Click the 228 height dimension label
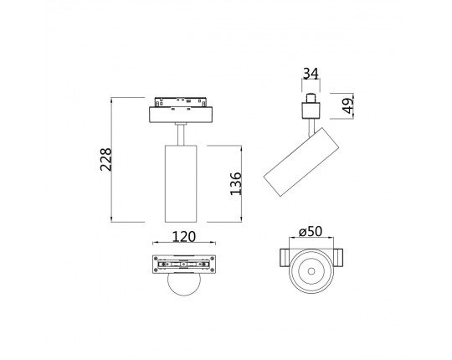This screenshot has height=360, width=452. click(105, 159)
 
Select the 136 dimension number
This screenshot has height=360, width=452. click(235, 183)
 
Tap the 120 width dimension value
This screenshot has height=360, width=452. click(184, 237)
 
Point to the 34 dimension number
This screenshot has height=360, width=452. click(311, 74)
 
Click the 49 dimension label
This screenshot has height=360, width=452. click(348, 105)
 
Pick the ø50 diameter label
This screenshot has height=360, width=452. click(311, 231)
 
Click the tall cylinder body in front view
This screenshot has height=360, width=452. click(181, 183)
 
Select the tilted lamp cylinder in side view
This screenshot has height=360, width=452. click(301, 162)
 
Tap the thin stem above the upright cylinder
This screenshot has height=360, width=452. click(181, 134)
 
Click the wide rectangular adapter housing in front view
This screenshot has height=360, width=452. click(181, 115)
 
